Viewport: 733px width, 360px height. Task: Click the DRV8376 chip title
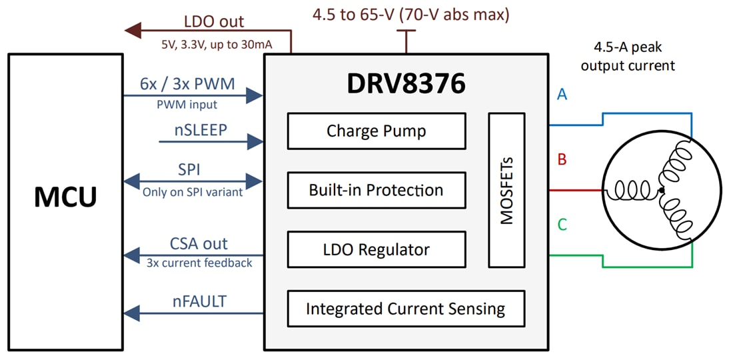[406, 83]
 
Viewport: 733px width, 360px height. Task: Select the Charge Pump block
[376, 131]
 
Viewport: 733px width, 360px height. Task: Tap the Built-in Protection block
[376, 190]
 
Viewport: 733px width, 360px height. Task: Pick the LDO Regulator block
[376, 250]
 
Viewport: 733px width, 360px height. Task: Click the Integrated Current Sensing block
[405, 309]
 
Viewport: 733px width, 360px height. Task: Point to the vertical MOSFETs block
[506, 190]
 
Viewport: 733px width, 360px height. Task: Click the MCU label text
[65, 197]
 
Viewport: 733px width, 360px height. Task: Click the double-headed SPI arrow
[193, 180]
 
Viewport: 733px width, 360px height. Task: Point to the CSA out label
[199, 244]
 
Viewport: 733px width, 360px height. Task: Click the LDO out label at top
[214, 22]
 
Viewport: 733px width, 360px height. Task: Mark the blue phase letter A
[562, 95]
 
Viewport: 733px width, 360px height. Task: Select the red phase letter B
[562, 160]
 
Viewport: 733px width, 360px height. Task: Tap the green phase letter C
[562, 225]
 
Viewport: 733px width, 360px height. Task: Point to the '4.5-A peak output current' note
[627, 57]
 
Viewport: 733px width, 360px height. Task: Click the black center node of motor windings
[660, 191]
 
